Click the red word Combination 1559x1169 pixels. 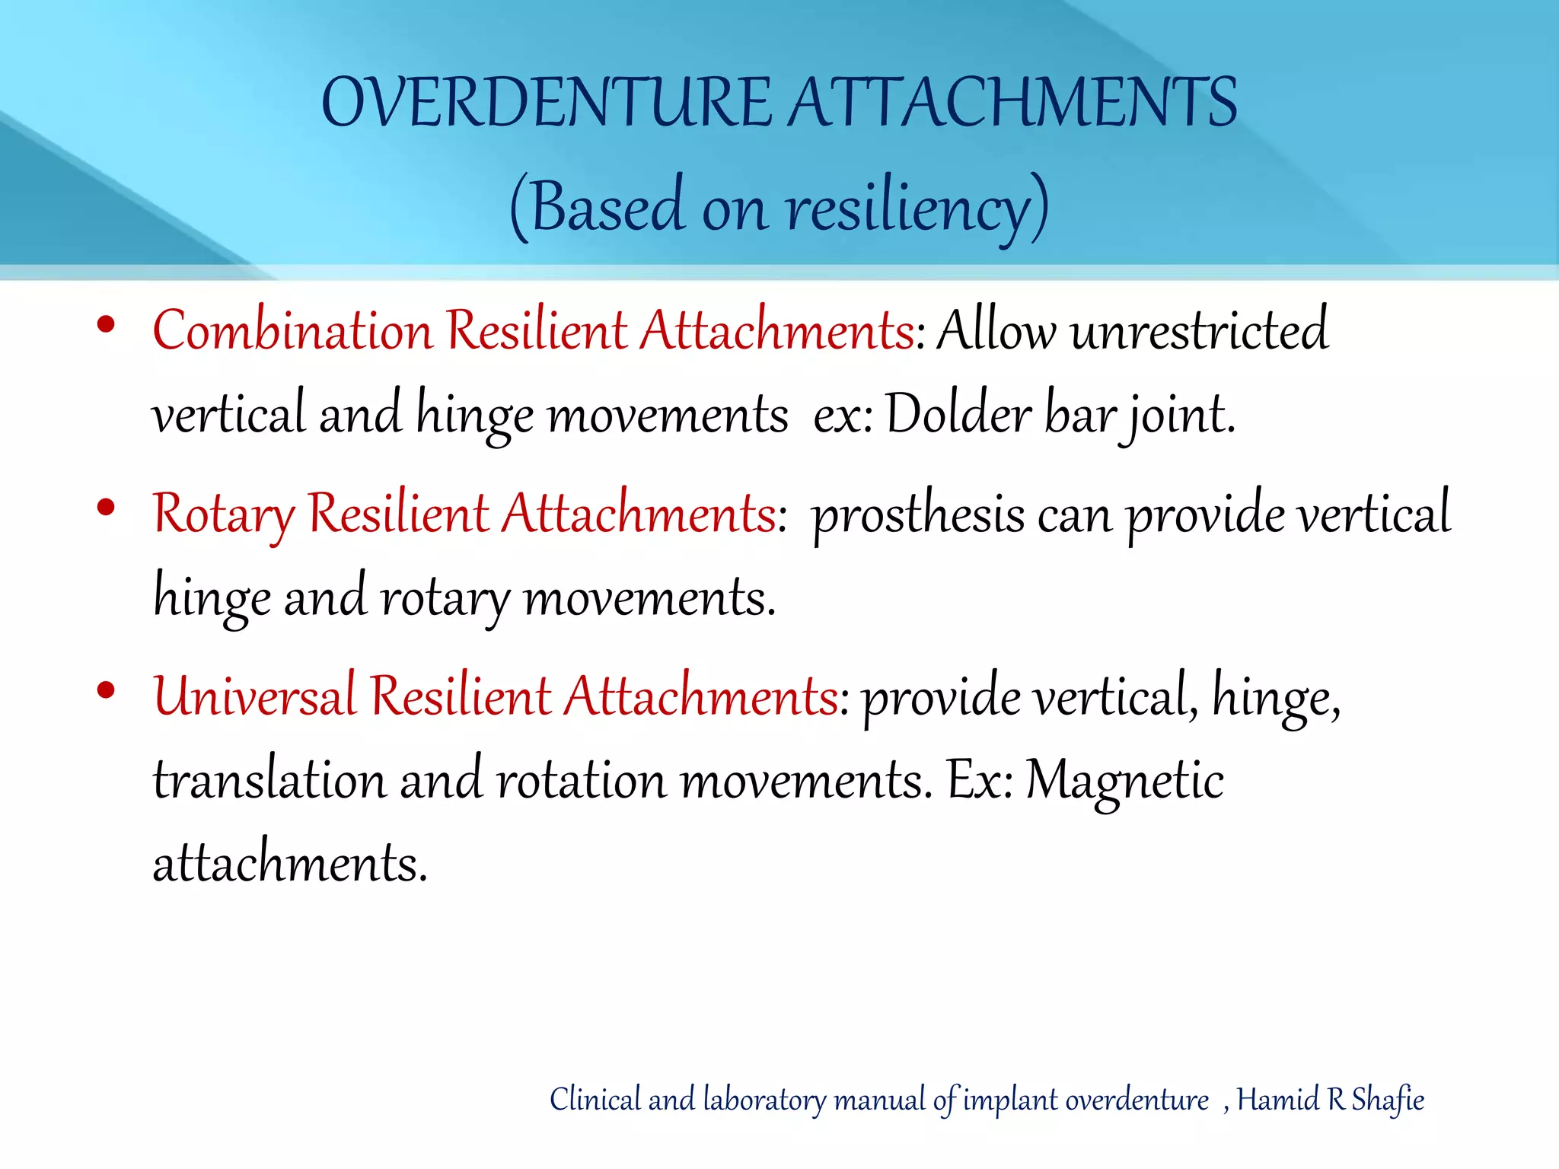(292, 332)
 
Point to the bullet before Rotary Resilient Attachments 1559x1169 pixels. (106, 507)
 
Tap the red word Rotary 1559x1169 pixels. (222, 514)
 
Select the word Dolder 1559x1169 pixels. (958, 416)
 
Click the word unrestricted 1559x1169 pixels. (1200, 332)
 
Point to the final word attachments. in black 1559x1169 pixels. (290, 865)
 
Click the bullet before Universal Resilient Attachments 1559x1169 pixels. (106, 690)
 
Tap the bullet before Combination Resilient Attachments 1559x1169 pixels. (106, 325)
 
